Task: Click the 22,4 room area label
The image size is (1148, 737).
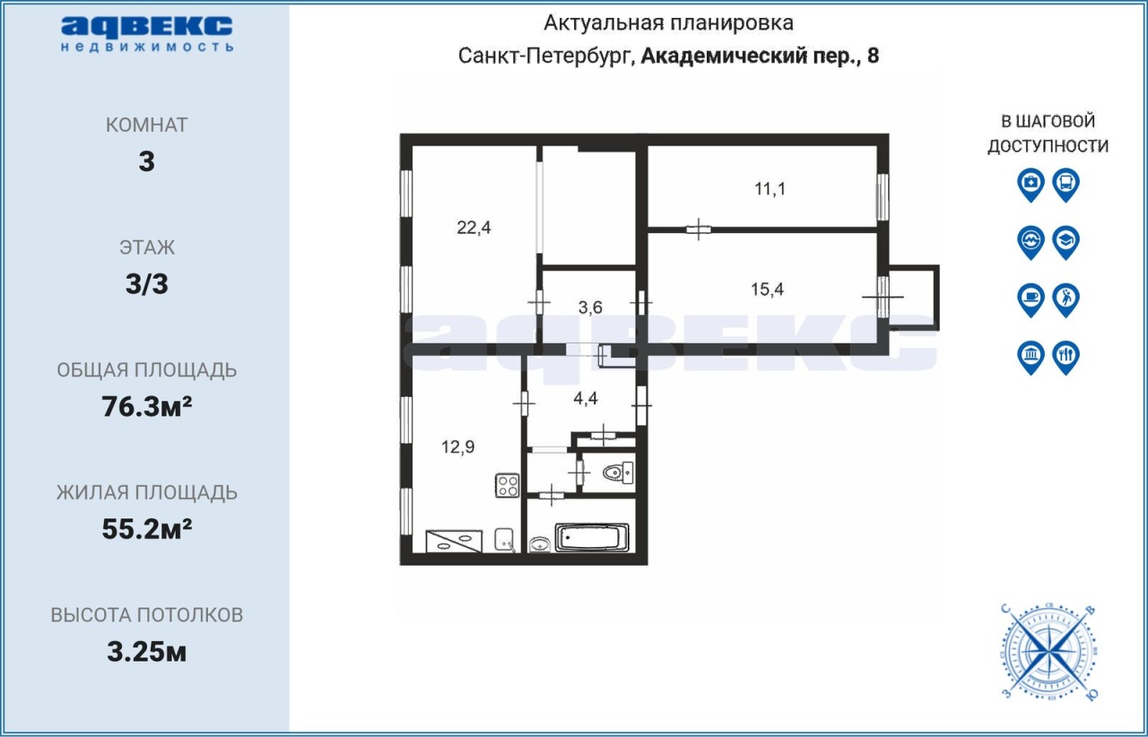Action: coord(474,227)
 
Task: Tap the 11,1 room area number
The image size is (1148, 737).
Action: coord(770,189)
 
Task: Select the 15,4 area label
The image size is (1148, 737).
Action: coord(767,290)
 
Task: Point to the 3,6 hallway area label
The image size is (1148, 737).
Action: coord(590,308)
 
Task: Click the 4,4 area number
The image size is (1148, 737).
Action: coord(586,398)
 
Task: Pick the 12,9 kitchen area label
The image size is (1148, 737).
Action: coord(458,447)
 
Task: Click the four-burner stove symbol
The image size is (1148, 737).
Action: coord(508,485)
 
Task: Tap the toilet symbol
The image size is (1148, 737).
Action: coord(618,472)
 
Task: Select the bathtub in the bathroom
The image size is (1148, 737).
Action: coord(592,538)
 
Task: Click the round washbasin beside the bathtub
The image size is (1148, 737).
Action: coord(539,543)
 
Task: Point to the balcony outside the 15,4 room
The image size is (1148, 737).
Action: coord(914,298)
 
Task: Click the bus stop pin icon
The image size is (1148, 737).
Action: coord(1066,185)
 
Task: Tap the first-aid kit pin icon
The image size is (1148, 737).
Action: coord(1031,185)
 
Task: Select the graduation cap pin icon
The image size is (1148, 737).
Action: coord(1066,242)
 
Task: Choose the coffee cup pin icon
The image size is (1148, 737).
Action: coord(1031,300)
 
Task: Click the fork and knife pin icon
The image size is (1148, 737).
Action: coord(1066,358)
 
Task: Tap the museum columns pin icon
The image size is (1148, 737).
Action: coord(1031,358)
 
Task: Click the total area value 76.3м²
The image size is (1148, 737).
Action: coord(146,407)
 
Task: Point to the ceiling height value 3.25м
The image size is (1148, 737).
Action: coord(146,652)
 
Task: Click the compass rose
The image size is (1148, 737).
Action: coord(1049,652)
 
